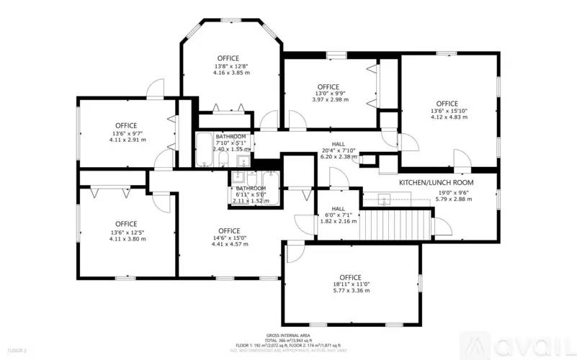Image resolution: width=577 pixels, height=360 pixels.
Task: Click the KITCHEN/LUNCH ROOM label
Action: [435, 182]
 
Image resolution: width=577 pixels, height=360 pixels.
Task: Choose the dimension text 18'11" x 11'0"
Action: [350, 286]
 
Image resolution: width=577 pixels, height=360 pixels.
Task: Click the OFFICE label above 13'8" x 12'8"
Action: [228, 58]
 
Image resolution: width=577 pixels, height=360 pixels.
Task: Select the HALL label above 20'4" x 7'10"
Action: [338, 144]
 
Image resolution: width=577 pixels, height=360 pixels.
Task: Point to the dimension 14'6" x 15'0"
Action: [229, 238]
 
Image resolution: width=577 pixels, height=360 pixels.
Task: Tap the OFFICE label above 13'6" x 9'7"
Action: [126, 125]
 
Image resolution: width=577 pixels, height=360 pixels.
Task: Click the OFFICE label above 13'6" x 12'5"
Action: [126, 224]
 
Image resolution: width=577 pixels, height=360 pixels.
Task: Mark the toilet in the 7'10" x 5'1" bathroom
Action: [224, 159]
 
